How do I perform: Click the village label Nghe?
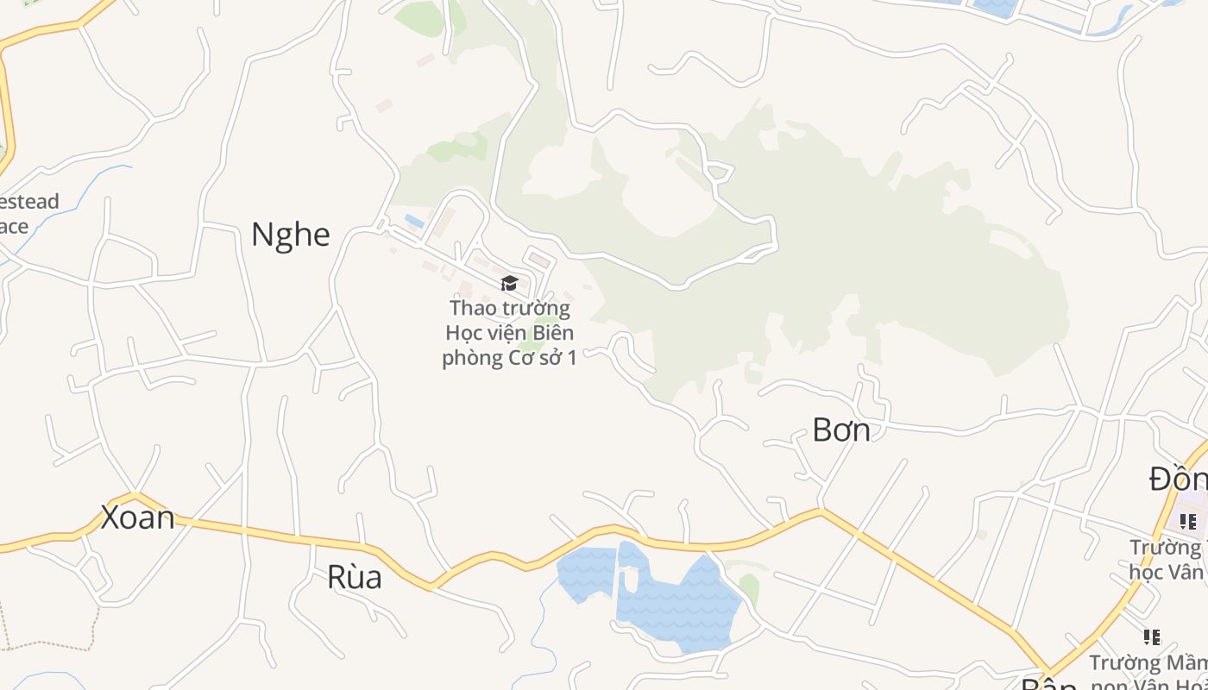pos(290,235)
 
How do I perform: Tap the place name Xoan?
pos(137,517)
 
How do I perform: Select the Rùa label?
pos(354,577)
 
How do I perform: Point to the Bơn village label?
pos(840,430)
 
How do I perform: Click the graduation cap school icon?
pos(509,283)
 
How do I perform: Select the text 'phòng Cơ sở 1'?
pos(509,357)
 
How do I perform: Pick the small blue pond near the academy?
pos(414,221)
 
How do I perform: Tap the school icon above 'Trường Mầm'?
pos(1151,637)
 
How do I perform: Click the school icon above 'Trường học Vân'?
pos(1187,521)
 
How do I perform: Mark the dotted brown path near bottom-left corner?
pos(52,645)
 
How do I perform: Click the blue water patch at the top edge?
pos(997,7)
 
